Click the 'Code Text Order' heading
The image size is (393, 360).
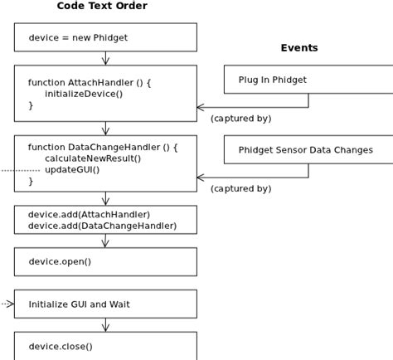(x=102, y=7)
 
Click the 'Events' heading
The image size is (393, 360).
(x=299, y=48)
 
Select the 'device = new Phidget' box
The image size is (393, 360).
(x=105, y=37)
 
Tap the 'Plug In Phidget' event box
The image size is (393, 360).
(x=308, y=80)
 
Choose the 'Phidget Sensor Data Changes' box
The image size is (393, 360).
(x=308, y=150)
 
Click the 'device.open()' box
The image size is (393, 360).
(x=105, y=261)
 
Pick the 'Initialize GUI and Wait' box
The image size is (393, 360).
(x=105, y=304)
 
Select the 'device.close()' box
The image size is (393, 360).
(x=105, y=346)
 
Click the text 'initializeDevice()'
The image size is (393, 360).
(x=84, y=94)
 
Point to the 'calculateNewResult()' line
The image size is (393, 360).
(x=93, y=158)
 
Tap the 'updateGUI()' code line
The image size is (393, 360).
(x=72, y=170)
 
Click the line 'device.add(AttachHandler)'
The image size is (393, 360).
(x=90, y=214)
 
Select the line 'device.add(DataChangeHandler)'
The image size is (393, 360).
(x=102, y=226)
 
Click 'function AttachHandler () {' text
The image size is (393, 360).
(x=90, y=82)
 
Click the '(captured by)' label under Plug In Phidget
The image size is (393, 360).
(x=240, y=119)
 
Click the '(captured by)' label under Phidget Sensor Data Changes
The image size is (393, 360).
(x=240, y=189)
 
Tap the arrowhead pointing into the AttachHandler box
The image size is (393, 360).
(x=201, y=107)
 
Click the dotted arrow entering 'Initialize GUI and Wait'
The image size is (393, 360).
(x=7, y=304)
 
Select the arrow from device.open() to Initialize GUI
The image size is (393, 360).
(x=105, y=283)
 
